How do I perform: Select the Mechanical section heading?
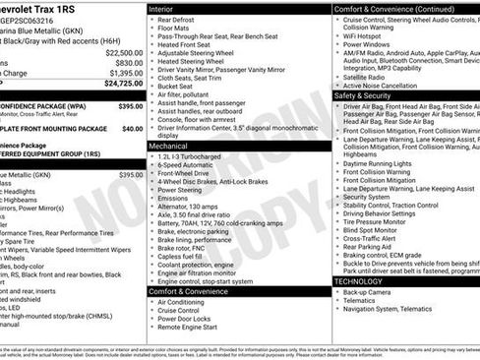click(168, 146)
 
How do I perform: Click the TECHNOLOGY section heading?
click(358, 281)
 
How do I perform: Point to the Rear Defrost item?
click(177, 19)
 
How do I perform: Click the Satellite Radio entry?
click(366, 76)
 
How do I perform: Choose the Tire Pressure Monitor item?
click(378, 221)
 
